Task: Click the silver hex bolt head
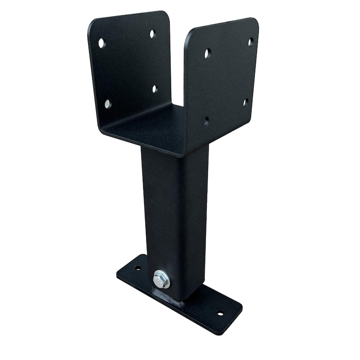161,279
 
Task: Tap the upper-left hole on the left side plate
102,43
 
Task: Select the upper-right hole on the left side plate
152,33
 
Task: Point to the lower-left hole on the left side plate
108,104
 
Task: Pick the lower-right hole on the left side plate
155,89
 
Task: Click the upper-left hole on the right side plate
207,54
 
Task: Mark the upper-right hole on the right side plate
251,42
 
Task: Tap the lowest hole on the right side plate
207,121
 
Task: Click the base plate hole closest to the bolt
137,268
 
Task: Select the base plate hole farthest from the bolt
220,312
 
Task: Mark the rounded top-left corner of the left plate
92,22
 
